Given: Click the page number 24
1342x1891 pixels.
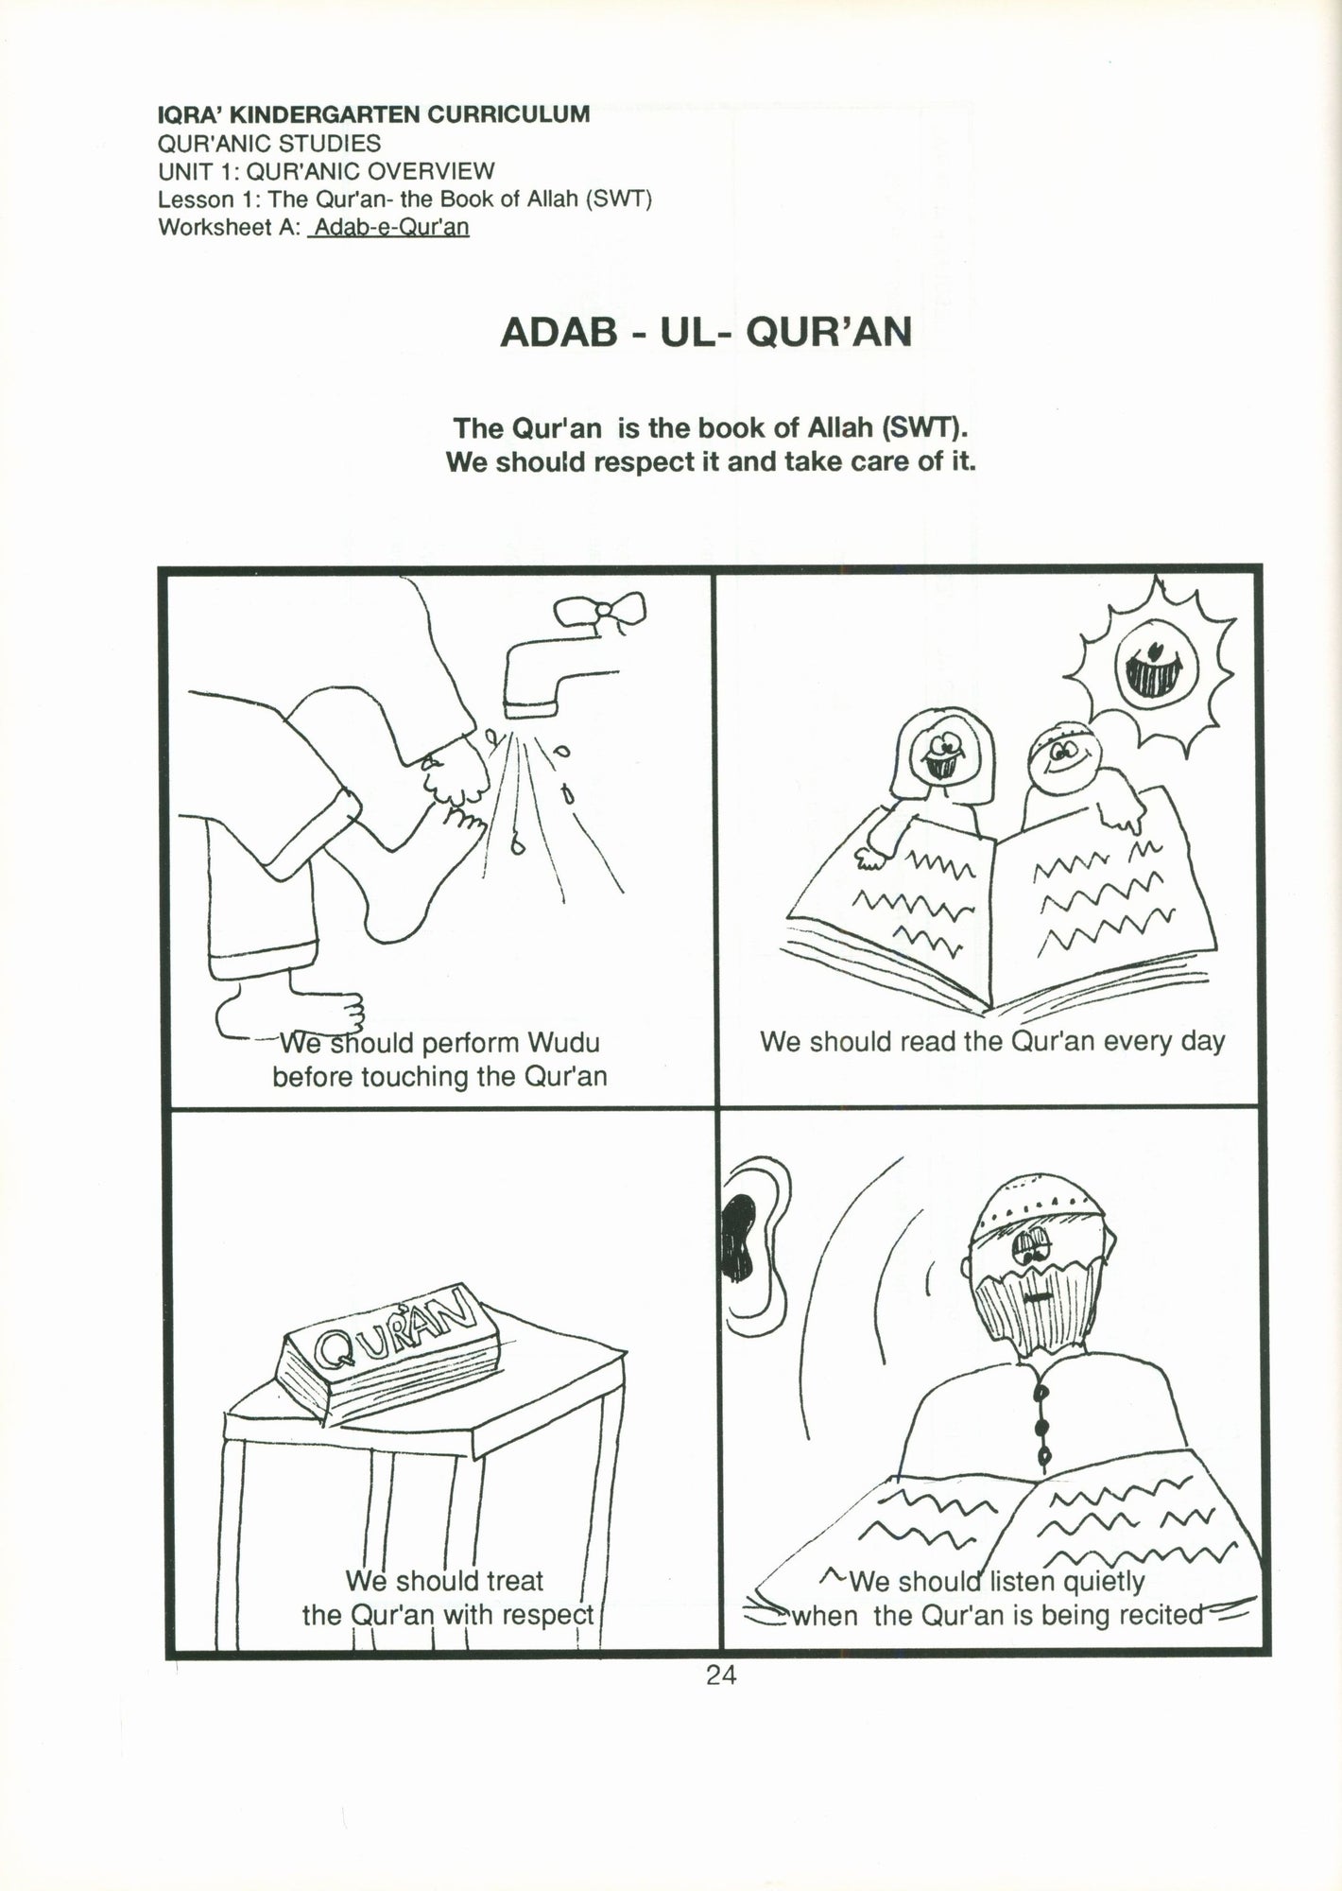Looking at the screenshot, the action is (720, 1674).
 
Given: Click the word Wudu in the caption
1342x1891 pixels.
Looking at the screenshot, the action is (563, 1043).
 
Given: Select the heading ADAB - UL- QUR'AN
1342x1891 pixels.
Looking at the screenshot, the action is (706, 332).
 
